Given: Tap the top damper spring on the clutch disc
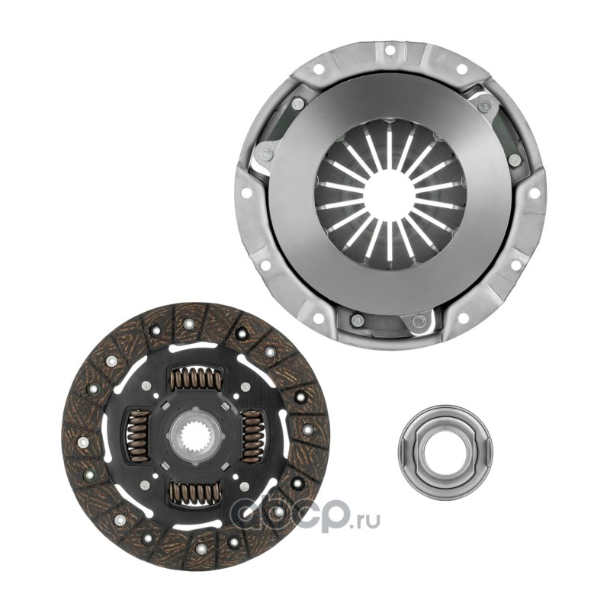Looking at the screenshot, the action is [195, 377].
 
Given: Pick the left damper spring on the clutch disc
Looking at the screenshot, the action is [137, 435].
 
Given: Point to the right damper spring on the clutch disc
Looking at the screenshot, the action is [253, 435].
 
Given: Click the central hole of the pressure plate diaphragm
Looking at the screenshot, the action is [387, 187].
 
